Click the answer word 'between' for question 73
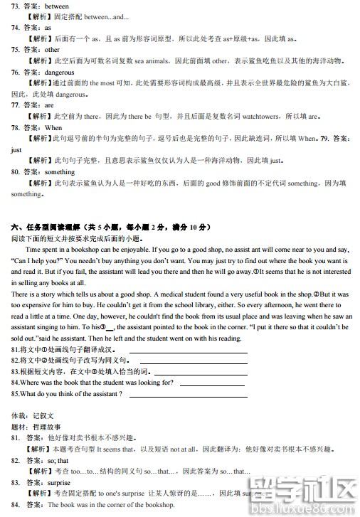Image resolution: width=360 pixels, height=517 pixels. click(57, 6)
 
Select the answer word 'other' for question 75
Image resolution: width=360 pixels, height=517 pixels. click(52, 50)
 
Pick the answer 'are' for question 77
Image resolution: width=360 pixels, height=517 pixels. click(49, 105)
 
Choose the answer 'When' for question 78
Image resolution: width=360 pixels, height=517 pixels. click(53, 127)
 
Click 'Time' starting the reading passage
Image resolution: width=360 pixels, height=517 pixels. click(33, 249)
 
